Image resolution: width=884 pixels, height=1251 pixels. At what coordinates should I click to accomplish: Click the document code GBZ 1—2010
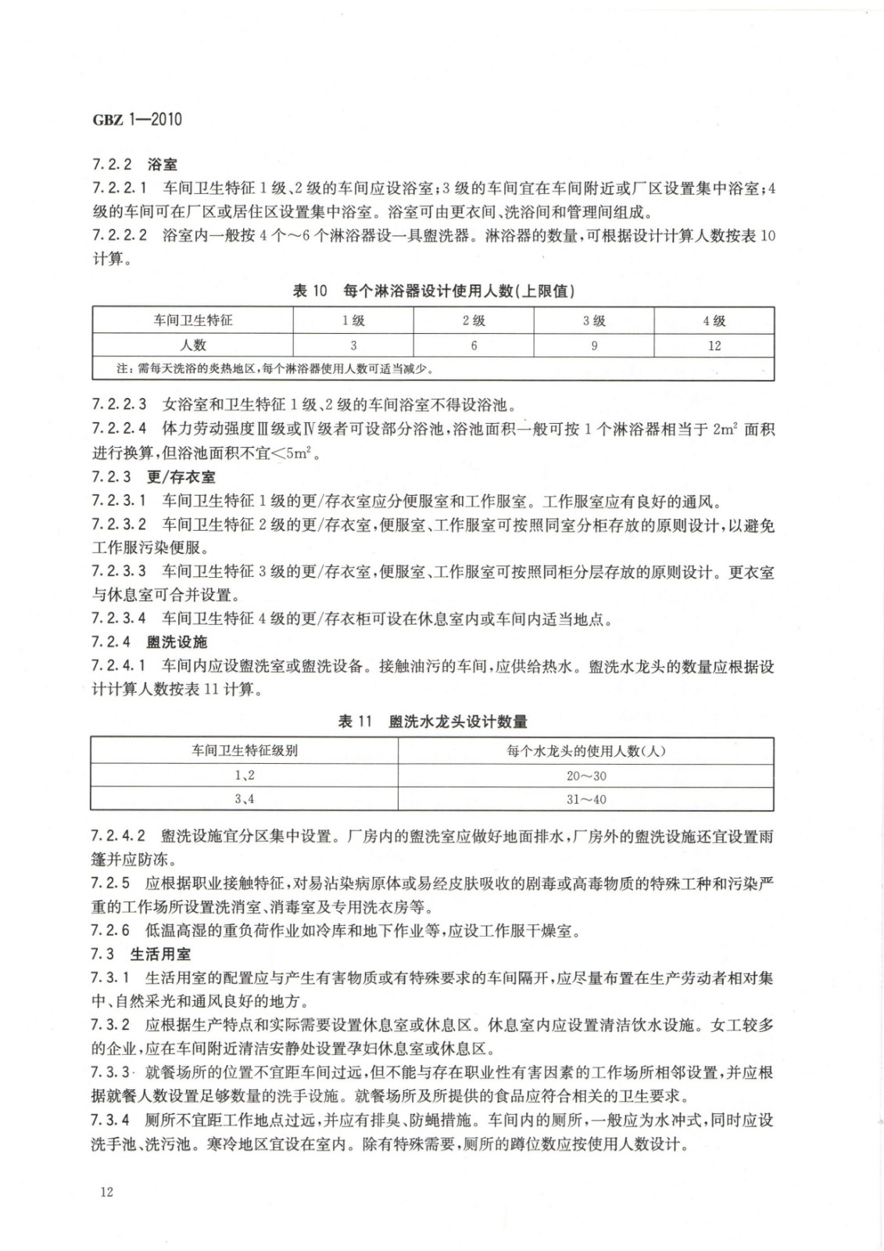[x=137, y=120]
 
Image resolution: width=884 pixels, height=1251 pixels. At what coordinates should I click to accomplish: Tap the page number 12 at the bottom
[x=106, y=1191]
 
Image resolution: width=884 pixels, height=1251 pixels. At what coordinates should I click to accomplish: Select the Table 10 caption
[x=433, y=291]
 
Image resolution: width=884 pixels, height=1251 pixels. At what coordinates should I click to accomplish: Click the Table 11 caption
[x=432, y=721]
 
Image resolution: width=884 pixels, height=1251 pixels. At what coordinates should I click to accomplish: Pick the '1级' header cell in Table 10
[x=353, y=321]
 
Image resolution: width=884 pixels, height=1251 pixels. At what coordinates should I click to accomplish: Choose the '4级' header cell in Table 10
[x=714, y=321]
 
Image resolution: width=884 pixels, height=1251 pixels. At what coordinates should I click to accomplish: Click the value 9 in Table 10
[x=594, y=345]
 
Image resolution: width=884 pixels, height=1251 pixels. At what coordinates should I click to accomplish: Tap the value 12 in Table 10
[x=714, y=345]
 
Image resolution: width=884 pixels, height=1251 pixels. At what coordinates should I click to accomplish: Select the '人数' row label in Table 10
[x=193, y=345]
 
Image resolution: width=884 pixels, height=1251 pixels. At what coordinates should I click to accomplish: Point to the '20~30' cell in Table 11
[x=586, y=776]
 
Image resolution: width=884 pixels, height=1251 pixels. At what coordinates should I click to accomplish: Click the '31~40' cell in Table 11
[x=586, y=799]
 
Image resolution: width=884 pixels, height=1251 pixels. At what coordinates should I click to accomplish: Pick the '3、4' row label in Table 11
[x=245, y=799]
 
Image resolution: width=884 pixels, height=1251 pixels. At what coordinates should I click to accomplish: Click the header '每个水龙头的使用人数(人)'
[x=586, y=751]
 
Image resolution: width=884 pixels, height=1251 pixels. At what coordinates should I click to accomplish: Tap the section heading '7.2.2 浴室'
[x=134, y=165]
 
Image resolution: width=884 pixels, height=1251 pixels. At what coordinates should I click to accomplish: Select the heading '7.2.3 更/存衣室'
[x=153, y=477]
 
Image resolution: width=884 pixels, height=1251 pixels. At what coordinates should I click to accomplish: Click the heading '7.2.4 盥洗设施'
[x=149, y=642]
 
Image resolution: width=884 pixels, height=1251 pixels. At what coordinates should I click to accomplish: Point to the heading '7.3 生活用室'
[x=141, y=954]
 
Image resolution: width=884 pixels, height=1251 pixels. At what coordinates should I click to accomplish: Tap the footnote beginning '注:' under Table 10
[x=274, y=368]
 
